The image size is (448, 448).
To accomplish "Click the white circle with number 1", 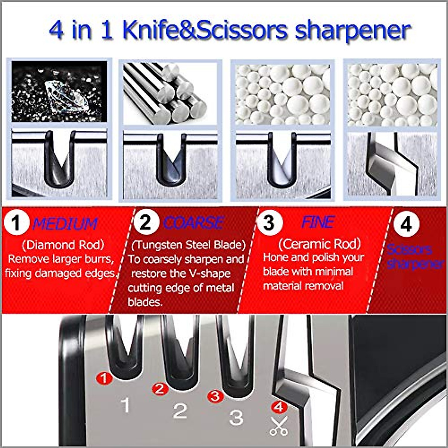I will tap(16, 223).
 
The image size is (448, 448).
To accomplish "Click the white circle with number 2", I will tap(146, 222).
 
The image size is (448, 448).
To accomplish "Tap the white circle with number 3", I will tap(269, 223).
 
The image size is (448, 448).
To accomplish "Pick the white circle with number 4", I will tap(406, 224).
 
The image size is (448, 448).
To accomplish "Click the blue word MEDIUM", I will tap(65, 224).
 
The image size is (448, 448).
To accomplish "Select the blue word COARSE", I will tap(193, 223).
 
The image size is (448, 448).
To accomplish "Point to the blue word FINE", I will tap(318, 222).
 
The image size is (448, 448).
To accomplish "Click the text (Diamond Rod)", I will tap(63, 245).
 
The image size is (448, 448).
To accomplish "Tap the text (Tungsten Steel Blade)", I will tap(189, 245).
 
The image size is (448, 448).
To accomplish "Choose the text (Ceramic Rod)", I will tap(320, 244).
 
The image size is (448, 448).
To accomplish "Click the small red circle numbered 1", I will tap(104, 378).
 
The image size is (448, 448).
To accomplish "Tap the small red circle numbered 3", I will tap(215, 396).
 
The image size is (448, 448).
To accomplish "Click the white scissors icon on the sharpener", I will tap(278, 426).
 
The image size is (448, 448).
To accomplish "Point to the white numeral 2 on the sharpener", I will tap(180, 411).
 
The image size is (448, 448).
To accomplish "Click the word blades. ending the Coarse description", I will tap(145, 302).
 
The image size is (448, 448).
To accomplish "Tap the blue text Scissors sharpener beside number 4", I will tap(414, 256).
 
